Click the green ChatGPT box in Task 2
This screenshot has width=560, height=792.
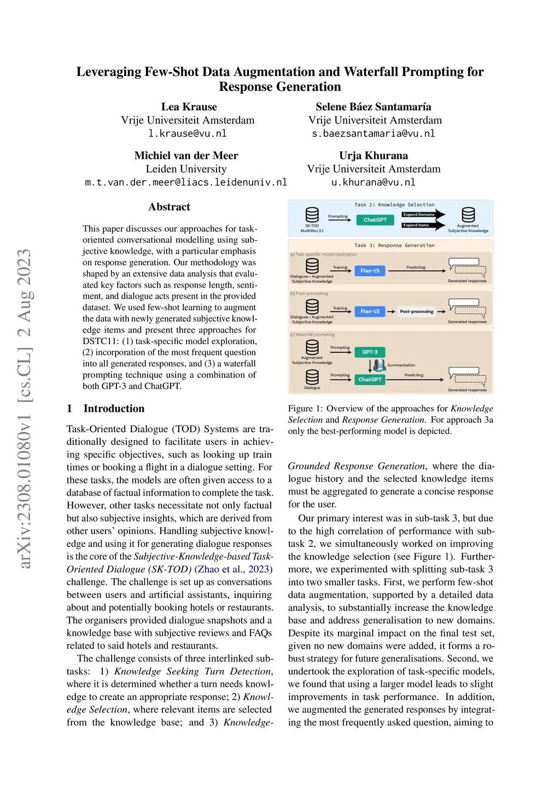375,220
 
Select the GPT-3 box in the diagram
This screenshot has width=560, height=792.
370,352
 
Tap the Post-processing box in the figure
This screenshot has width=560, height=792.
416,311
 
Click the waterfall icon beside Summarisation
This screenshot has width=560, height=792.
380,365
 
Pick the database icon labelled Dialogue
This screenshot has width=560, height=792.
312,377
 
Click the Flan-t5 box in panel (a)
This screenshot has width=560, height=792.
370,271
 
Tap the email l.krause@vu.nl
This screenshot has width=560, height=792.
188,133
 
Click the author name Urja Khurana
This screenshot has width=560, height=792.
374,155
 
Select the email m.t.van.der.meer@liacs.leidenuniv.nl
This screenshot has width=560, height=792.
186,182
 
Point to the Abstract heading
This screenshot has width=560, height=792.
169,207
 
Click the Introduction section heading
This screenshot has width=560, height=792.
114,409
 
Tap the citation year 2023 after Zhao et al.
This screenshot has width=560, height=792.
258,569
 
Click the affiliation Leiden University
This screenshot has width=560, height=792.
186,169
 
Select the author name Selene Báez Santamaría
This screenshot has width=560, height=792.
374,107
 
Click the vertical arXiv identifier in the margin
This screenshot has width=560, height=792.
25,409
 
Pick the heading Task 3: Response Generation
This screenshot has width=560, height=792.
394,246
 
